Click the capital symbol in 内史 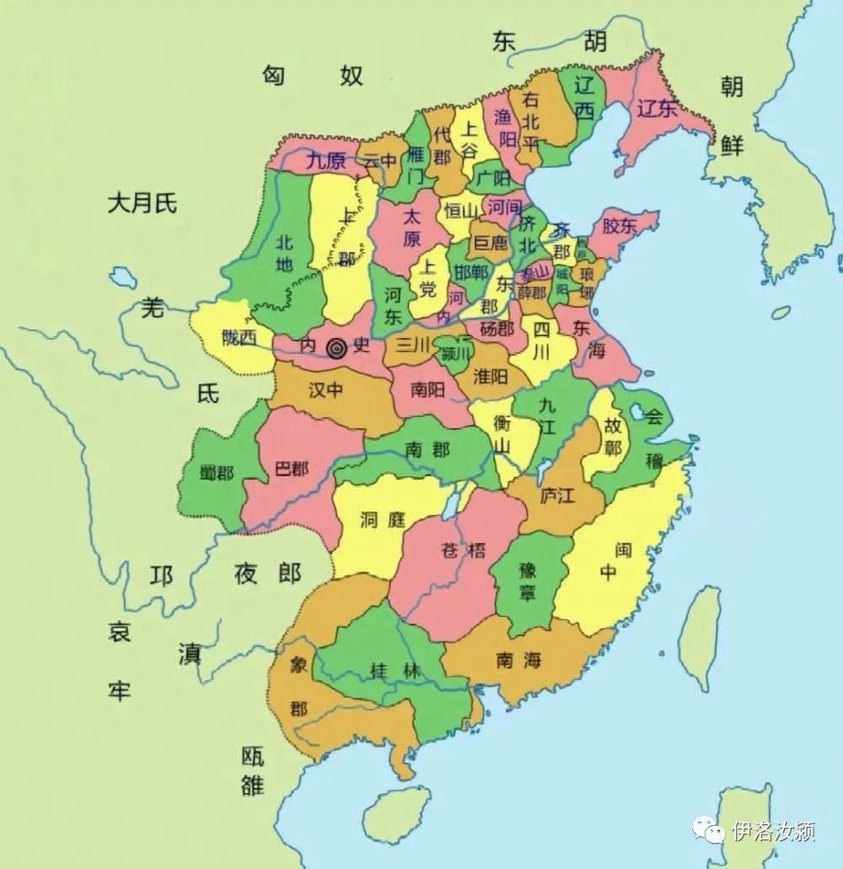[x=337, y=346]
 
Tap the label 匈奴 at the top [x=312, y=75]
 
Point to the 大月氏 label [x=142, y=202]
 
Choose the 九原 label [x=326, y=159]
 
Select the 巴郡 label [x=292, y=469]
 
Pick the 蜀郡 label [x=213, y=473]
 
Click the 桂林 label [x=395, y=672]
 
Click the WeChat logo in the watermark [x=708, y=831]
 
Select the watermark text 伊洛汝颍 [x=773, y=832]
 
